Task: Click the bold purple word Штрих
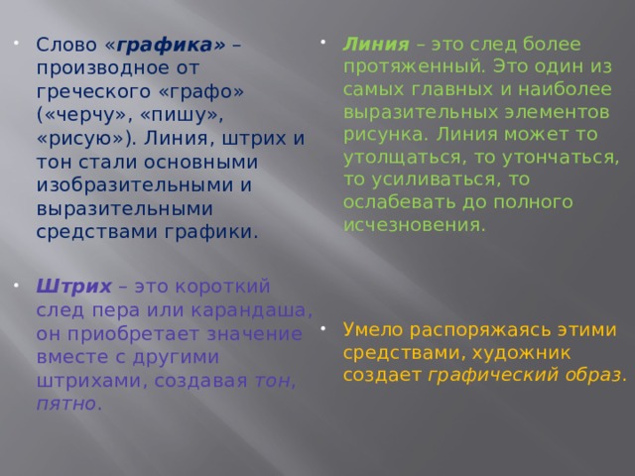(72, 287)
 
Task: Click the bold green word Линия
(375, 45)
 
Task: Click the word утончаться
(555, 156)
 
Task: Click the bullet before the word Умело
(325, 331)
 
